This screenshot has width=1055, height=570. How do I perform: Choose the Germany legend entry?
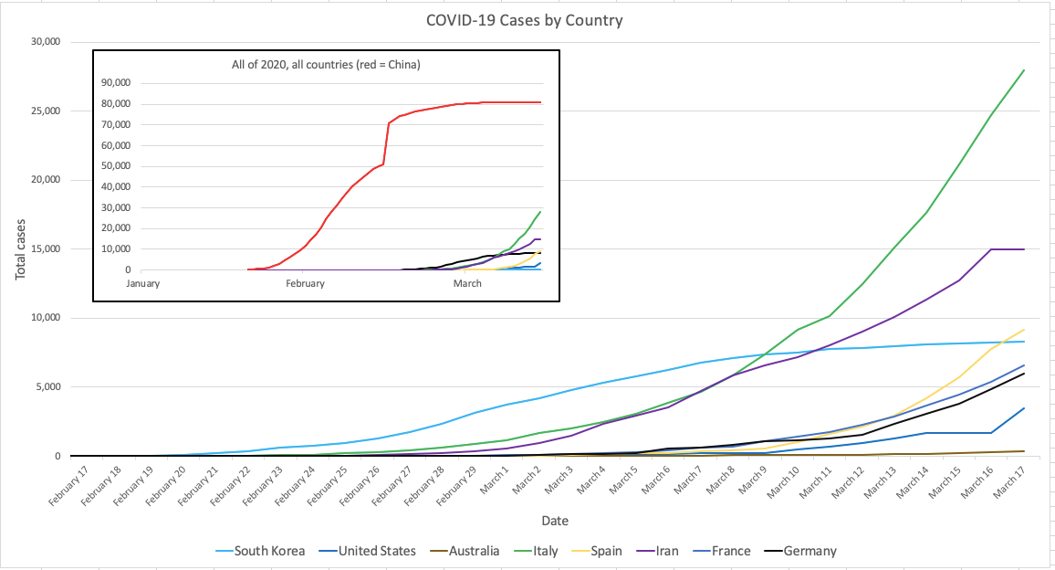click(x=810, y=551)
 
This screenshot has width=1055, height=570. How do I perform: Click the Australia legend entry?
click(x=474, y=551)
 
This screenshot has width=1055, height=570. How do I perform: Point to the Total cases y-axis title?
click(x=22, y=248)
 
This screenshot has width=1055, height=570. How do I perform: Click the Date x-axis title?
click(x=553, y=521)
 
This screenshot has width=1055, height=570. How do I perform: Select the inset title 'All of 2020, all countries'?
click(x=326, y=65)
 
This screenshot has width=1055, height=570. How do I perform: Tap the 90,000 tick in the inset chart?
click(x=141, y=83)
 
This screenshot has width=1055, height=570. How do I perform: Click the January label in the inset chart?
click(x=143, y=283)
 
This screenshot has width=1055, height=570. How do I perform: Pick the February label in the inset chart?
click(x=305, y=283)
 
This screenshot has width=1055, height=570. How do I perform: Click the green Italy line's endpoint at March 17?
click(x=1024, y=70)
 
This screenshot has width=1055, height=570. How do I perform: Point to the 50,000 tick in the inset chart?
click(x=141, y=166)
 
